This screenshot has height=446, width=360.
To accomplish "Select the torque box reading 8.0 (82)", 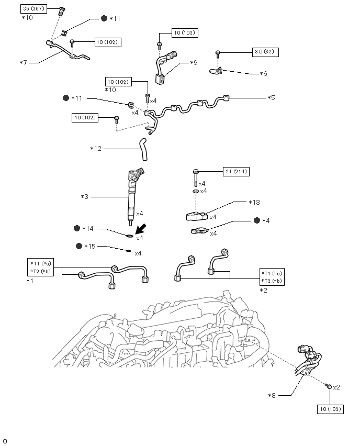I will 266,52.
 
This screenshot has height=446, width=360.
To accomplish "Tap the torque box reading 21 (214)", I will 235,172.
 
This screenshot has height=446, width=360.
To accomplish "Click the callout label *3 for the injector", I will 85,197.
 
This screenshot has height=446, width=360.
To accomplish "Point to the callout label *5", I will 271,97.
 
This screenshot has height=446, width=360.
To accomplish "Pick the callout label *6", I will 264,74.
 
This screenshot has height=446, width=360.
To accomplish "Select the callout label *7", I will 23,63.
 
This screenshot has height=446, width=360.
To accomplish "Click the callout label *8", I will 272,395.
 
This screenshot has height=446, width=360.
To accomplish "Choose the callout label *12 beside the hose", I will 96,149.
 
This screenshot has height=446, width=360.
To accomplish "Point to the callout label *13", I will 254,203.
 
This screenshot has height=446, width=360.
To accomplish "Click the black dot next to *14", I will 77,228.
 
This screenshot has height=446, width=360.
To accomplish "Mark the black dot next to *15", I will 78,246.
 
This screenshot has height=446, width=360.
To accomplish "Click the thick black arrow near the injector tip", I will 140,228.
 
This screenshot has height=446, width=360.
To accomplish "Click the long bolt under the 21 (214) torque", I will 196,178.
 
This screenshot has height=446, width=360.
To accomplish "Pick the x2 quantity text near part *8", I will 336,387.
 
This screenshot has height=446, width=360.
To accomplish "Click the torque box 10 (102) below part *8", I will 330,409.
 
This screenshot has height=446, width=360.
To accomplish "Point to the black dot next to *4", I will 257,220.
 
